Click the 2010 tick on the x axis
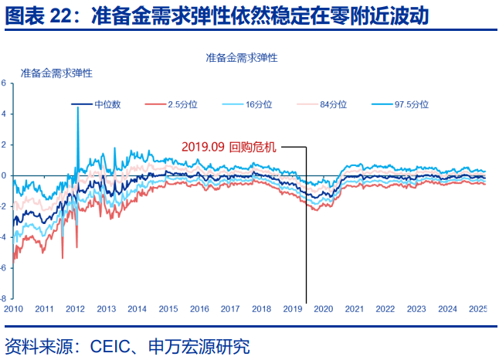coord(13,308)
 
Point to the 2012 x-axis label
coord(75,308)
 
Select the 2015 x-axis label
coord(168,308)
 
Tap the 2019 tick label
coord(292,308)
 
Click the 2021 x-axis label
coord(355,308)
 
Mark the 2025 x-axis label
coord(478,308)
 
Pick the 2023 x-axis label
coord(416,308)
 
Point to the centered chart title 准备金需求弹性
coord(242,58)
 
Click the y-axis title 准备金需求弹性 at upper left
coord(57,73)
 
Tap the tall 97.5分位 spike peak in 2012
coord(78,109)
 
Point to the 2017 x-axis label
coord(230,308)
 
